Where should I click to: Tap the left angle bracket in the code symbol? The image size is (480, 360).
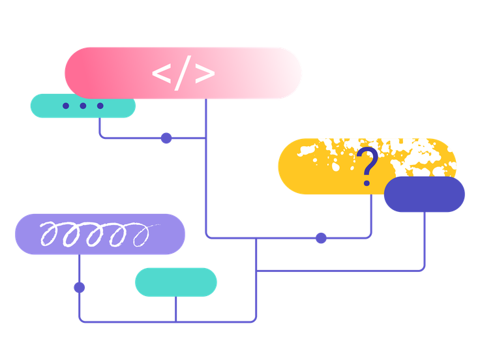point(161,73)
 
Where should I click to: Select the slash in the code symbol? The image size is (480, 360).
point(183,73)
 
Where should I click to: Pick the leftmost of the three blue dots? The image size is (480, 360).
point(65,106)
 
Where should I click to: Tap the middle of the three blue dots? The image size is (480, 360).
point(83,106)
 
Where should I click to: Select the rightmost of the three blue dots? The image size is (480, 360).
point(100,106)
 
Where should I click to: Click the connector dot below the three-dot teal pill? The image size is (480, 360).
point(166,138)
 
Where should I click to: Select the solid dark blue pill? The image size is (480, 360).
point(425,194)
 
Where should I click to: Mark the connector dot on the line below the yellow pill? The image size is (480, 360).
point(321,237)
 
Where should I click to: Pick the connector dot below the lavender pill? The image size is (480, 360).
point(80,287)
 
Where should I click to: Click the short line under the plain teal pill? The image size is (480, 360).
point(176,308)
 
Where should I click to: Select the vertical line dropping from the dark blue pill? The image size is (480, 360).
point(425,241)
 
